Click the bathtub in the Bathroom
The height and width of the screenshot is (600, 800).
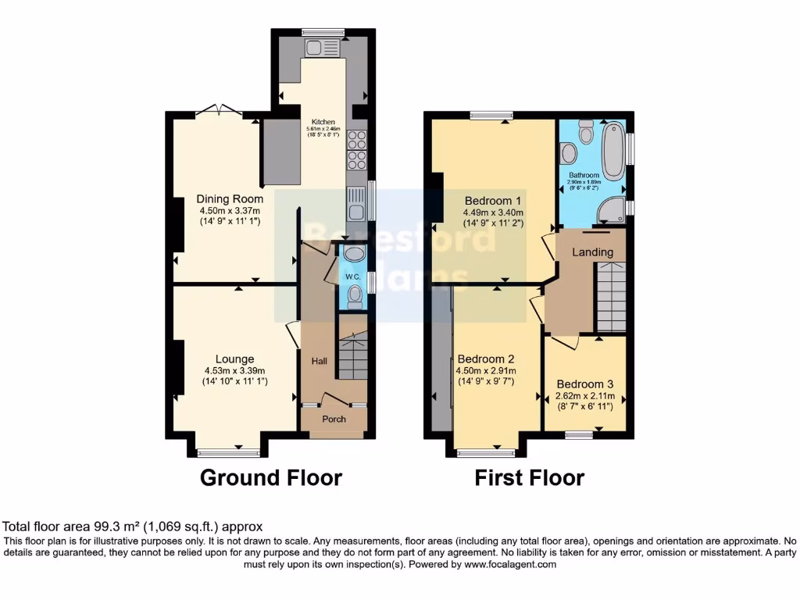click(614, 152)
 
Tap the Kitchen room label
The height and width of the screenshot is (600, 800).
click(323, 123)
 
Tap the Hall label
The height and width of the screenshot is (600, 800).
click(320, 361)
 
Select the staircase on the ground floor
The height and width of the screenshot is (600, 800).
click(352, 356)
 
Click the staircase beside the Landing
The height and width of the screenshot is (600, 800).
click(611, 297)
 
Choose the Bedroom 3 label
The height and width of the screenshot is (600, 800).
click(585, 384)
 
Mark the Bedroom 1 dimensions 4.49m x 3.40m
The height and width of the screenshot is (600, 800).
click(492, 212)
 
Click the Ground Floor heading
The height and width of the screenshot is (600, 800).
click(271, 477)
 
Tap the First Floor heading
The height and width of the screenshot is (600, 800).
click(529, 477)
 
